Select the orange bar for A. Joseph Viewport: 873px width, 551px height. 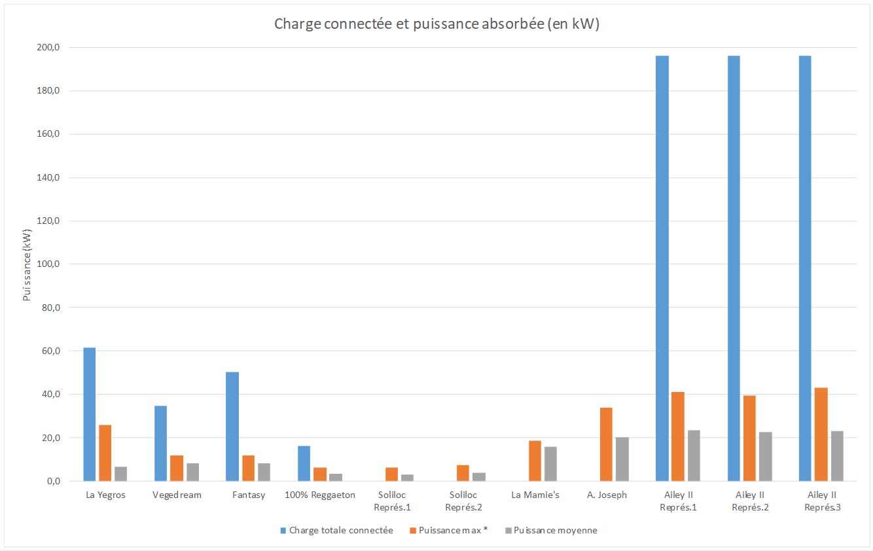click(606, 444)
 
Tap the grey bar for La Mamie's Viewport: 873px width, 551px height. click(550, 464)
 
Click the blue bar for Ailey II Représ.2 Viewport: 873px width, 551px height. click(734, 268)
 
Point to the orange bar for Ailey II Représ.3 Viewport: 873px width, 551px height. click(821, 435)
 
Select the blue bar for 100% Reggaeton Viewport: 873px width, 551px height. click(304, 463)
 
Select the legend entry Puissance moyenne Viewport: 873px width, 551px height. click(555, 530)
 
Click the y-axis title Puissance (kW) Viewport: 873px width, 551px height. click(27, 264)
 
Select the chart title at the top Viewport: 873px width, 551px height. click(436, 24)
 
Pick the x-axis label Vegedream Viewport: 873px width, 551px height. click(177, 495)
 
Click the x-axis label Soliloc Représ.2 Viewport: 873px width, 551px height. click(463, 501)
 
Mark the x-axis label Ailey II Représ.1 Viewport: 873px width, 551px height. click(678, 501)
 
